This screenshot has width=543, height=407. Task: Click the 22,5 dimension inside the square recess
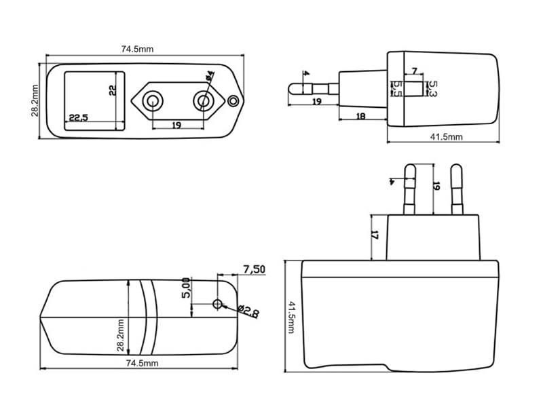(x=78, y=118)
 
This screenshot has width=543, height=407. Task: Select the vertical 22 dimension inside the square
(x=113, y=90)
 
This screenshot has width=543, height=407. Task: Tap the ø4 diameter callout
(x=209, y=77)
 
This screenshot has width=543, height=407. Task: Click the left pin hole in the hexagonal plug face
(x=155, y=102)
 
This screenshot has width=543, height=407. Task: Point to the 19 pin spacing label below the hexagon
(x=176, y=125)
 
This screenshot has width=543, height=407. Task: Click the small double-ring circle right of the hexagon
(x=234, y=101)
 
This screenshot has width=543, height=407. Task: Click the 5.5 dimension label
(x=397, y=88)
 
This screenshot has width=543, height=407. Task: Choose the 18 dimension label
(x=361, y=116)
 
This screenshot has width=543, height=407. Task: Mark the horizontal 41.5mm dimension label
(x=445, y=136)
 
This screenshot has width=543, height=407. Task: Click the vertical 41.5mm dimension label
(x=293, y=317)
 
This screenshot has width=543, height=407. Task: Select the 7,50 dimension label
(x=254, y=270)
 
